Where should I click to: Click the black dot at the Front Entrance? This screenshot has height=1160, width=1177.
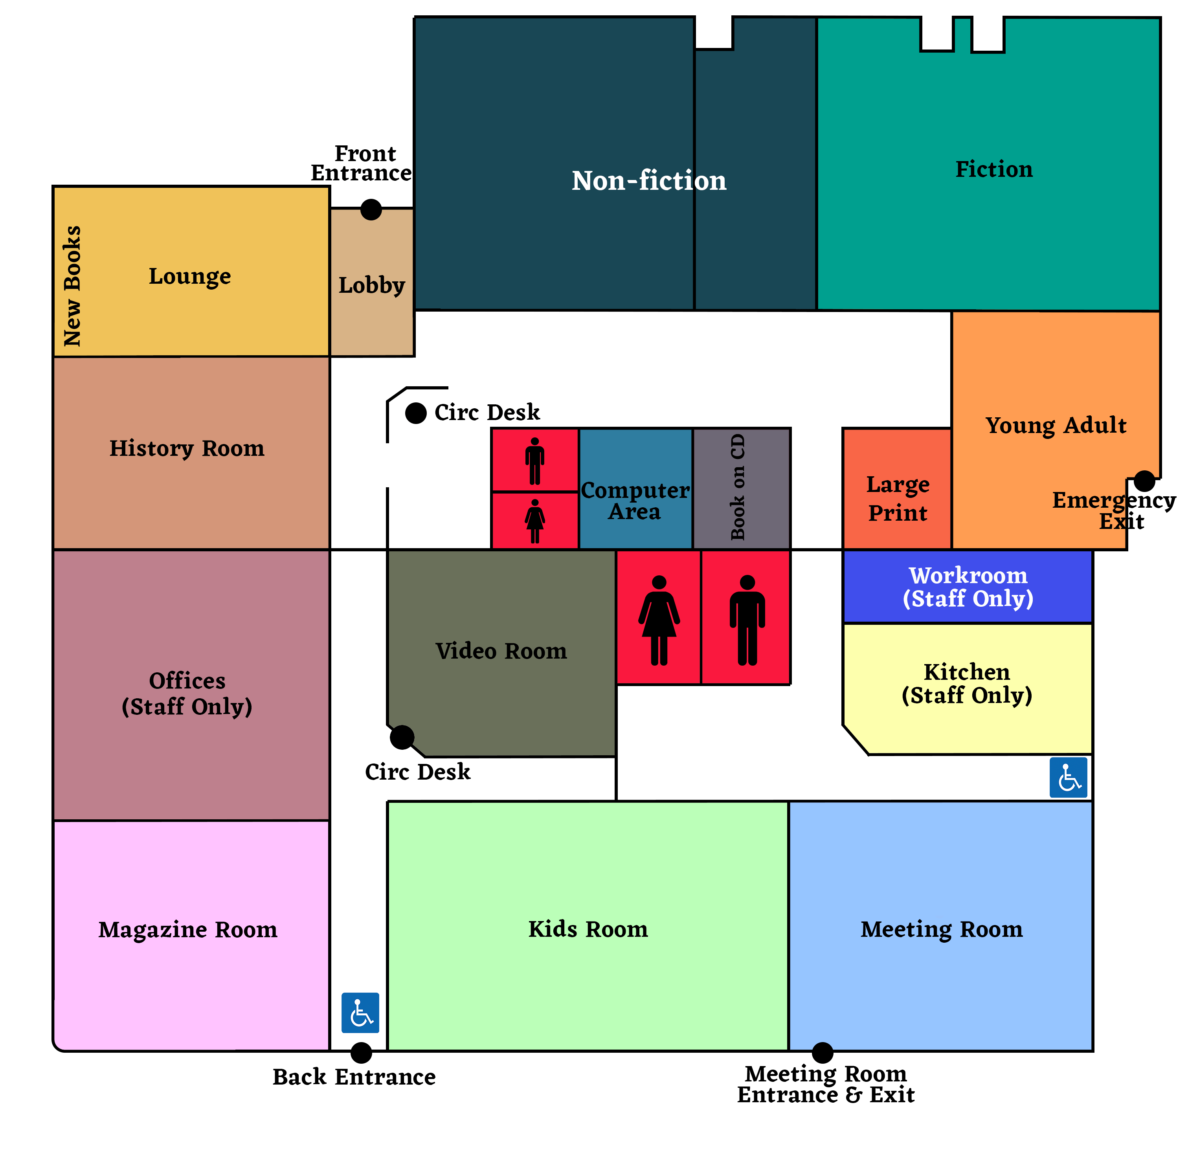[371, 209]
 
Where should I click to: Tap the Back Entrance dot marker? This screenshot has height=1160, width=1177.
[361, 1052]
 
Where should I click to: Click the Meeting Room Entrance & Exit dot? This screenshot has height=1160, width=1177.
[823, 1052]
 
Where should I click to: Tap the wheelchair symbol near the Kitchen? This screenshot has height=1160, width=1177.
[1069, 777]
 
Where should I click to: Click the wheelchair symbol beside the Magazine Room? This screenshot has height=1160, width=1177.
[360, 1013]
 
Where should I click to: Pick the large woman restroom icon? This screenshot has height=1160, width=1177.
[659, 620]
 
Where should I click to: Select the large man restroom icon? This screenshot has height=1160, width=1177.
[747, 620]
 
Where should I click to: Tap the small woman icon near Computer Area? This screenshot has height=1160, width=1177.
[535, 521]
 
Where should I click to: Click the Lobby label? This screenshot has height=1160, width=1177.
[372, 285]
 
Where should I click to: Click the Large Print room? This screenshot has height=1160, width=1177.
[897, 498]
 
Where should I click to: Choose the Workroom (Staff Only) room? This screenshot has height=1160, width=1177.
[968, 587]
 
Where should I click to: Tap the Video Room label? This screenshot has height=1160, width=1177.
[501, 651]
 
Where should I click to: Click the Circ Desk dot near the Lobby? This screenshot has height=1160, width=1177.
[416, 413]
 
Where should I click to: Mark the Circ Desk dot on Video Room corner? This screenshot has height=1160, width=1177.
[402, 737]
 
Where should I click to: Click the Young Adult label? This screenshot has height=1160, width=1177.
[1056, 425]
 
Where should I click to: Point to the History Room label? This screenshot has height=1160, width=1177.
[187, 448]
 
